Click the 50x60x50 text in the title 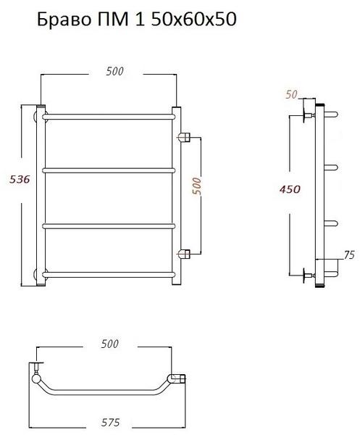(193, 20)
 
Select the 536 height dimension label (20, 179)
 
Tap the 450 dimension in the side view (290, 189)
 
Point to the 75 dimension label (349, 254)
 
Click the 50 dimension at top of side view (291, 94)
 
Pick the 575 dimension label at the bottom (110, 423)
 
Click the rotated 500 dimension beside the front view (196, 186)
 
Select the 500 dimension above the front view (114, 71)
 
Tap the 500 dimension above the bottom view (110, 344)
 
